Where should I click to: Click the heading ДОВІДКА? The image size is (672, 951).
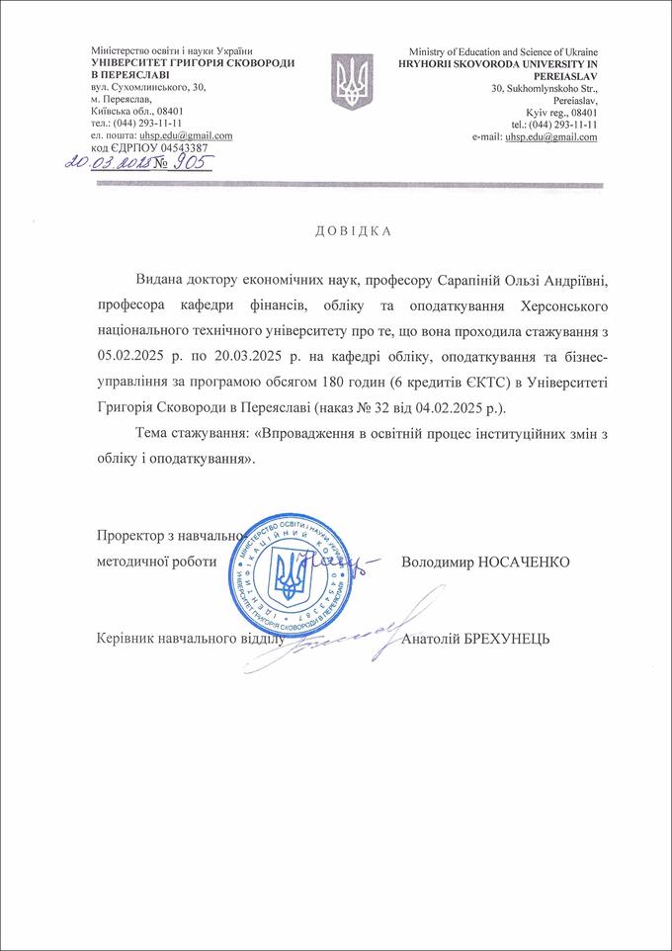coord(353,231)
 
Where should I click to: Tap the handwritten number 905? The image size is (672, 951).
coord(193,163)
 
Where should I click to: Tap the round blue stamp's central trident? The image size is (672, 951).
coord(293,575)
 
